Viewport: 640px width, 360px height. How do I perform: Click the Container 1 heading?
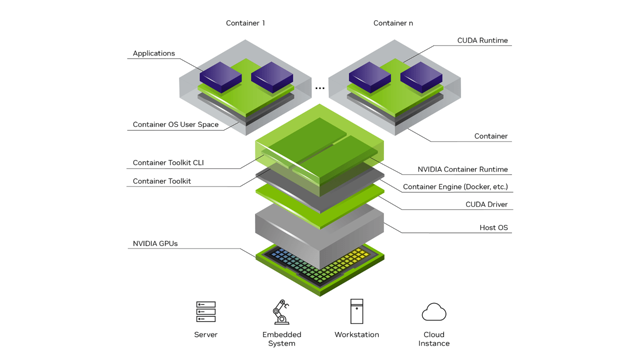pos(245,23)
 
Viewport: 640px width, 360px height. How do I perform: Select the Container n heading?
pos(393,23)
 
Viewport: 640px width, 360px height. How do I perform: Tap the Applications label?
pos(154,53)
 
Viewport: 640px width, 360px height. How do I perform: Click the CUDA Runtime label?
pos(482,40)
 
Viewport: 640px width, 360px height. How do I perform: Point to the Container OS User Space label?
pos(175,124)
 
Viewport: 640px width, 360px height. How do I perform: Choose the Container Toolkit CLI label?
pos(168,162)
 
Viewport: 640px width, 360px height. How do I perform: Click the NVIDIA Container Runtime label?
pos(462,169)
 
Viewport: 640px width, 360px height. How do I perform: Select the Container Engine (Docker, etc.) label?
pos(455,187)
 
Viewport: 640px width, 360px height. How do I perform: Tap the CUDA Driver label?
pos(486,204)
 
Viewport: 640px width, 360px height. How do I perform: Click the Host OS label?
pos(493,227)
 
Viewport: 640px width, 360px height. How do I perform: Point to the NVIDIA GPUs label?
pos(155,243)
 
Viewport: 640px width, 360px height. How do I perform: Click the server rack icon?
pos(206,311)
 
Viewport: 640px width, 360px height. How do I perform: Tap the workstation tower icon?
pos(357,311)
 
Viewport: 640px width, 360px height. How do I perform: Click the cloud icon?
pos(433,312)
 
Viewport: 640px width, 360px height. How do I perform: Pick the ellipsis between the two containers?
pos(320,88)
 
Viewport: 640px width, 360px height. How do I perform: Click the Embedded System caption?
pos(282,339)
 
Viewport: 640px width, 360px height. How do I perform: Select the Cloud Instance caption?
pos(433,339)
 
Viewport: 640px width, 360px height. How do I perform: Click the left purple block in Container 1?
pos(220,76)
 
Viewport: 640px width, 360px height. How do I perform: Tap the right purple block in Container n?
pos(421,76)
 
